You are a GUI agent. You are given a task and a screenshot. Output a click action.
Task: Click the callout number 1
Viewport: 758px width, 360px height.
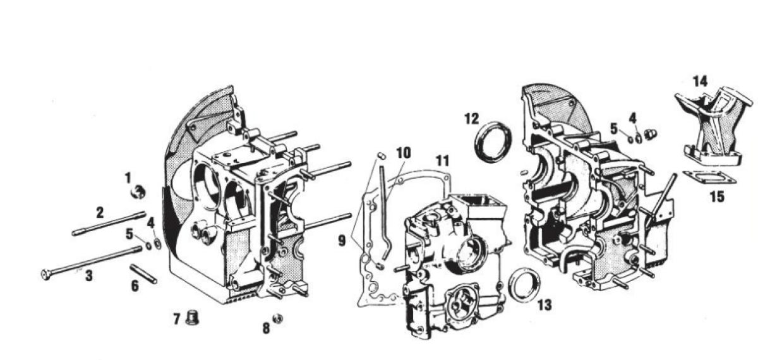click(128, 178)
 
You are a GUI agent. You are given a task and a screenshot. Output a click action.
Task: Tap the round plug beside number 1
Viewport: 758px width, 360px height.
click(139, 192)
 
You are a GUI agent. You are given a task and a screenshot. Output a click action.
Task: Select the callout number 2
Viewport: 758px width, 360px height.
click(100, 213)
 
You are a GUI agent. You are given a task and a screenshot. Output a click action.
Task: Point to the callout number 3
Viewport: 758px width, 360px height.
click(88, 276)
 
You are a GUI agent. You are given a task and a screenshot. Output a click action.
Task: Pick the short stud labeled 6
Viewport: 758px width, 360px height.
click(143, 274)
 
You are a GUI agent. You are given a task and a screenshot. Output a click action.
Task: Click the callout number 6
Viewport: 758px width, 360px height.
click(135, 286)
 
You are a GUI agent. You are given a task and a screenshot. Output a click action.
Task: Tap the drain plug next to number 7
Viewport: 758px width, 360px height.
click(193, 317)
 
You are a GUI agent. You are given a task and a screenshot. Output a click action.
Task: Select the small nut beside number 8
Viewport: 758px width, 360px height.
click(278, 319)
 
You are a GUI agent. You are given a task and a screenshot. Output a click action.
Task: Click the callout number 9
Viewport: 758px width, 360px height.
click(342, 241)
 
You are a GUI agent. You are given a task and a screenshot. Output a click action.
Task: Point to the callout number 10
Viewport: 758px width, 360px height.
click(404, 153)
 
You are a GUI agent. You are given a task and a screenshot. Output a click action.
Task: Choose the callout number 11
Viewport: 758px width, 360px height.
click(442, 161)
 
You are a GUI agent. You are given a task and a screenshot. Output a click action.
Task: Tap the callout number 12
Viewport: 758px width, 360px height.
click(472, 119)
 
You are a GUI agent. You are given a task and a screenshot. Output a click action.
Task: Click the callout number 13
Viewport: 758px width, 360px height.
click(544, 305)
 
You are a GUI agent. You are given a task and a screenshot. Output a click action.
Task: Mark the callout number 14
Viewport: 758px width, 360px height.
click(700, 81)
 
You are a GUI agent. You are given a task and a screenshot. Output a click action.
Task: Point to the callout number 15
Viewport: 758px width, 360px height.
click(717, 196)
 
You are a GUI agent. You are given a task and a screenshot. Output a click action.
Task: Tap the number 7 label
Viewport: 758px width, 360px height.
click(177, 319)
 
